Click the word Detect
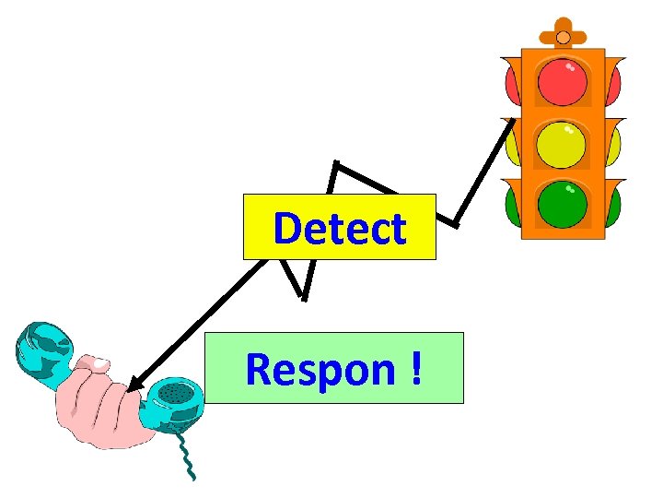point(339,229)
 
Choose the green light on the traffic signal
point(563,204)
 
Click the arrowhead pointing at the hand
point(135,385)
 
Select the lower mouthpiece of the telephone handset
point(175,401)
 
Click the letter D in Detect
point(288,229)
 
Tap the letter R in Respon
point(259,370)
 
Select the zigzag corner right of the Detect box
point(454,222)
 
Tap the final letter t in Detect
point(397,229)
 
